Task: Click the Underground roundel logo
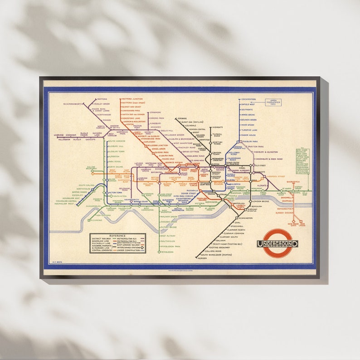click(x=277, y=243)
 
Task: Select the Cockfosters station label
click(x=248, y=99)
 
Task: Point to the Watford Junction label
click(x=131, y=99)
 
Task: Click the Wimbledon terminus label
click(x=167, y=252)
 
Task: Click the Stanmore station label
click(x=156, y=112)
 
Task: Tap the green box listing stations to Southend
click(x=302, y=161)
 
